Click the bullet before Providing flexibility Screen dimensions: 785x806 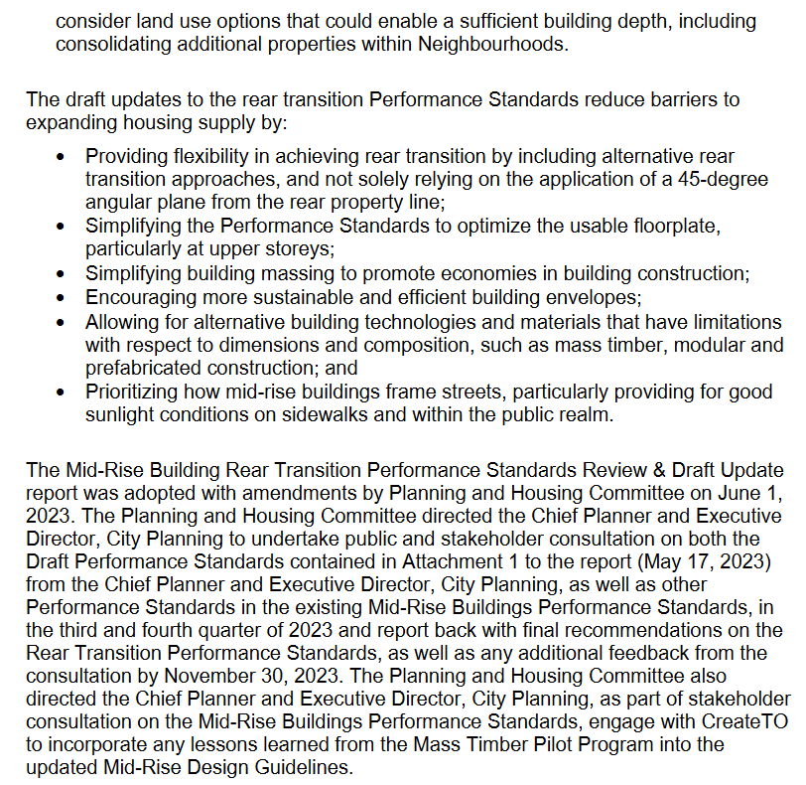pyautogui.click(x=63, y=157)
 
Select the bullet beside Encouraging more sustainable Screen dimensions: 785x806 pyautogui.click(x=63, y=297)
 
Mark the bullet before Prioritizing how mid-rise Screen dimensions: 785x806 pyautogui.click(x=63, y=391)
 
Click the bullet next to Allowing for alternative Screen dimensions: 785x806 pyautogui.click(x=63, y=321)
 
